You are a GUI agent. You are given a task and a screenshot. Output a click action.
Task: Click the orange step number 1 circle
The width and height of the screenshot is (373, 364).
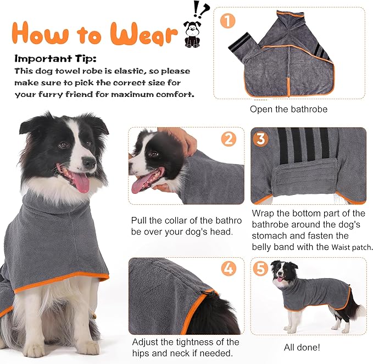tap(227, 21)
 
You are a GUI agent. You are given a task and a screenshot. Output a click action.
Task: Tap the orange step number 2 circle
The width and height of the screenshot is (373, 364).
tap(229, 139)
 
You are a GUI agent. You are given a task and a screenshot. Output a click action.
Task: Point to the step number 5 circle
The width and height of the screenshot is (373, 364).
tap(260, 270)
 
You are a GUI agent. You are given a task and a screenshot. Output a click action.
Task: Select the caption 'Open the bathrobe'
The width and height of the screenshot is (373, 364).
tap(288, 109)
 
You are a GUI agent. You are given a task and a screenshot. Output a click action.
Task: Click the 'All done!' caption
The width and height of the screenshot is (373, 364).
tap(302, 347)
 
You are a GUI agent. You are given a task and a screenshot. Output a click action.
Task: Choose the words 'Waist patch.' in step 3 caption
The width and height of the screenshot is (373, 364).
tap(352, 248)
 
